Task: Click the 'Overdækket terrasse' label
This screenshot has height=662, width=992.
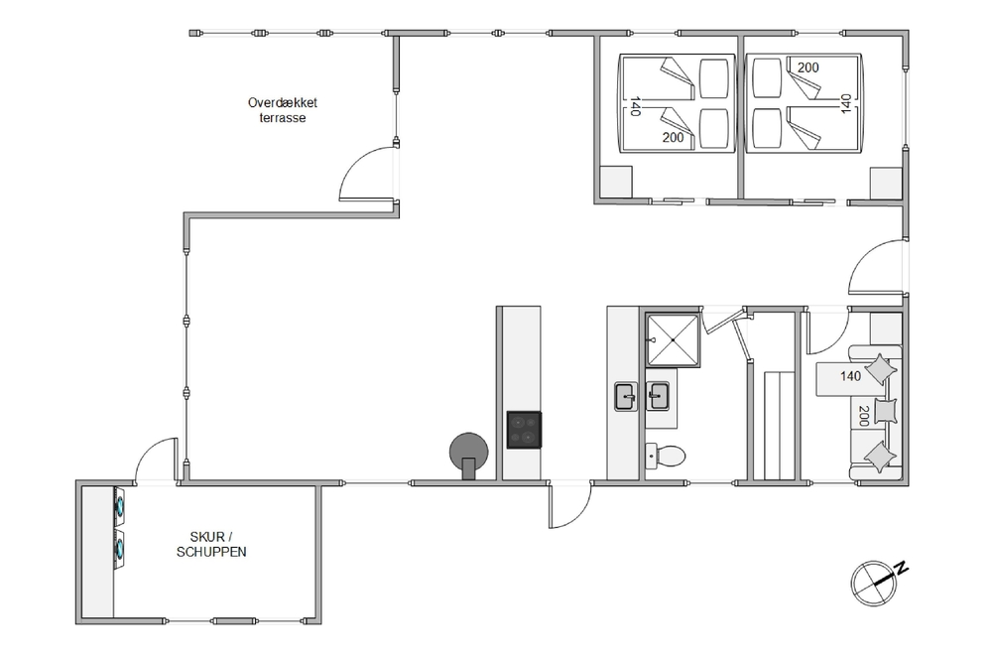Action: tap(282, 110)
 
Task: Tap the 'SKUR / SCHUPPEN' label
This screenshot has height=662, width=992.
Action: tap(211, 544)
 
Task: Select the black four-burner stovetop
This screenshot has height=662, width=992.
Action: tap(524, 430)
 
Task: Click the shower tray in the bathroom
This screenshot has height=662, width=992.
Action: tap(673, 339)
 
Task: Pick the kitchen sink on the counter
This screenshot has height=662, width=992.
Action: tap(626, 397)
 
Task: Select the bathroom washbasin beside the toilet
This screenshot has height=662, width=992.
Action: tap(658, 396)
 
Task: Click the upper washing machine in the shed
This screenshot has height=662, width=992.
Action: tap(120, 505)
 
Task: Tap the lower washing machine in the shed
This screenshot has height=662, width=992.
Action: tap(120, 549)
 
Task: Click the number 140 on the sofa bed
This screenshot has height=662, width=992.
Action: tap(850, 376)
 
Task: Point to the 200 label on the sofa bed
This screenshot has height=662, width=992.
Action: tap(863, 416)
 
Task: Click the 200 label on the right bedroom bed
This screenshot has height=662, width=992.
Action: tap(807, 67)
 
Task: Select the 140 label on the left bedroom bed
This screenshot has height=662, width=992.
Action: tap(635, 106)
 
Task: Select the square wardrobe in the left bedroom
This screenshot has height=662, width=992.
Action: tap(616, 182)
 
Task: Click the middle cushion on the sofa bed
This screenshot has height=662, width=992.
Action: tap(886, 410)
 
